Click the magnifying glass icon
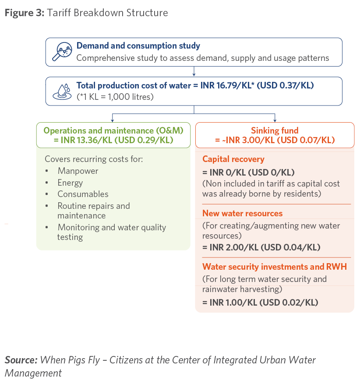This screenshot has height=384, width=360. (x=62, y=51)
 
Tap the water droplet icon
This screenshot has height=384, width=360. (x=62, y=92)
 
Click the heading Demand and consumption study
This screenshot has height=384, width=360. (x=138, y=46)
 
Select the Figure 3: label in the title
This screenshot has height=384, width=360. (x=25, y=13)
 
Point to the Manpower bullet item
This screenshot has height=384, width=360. (x=78, y=171)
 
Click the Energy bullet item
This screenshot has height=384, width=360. (x=70, y=183)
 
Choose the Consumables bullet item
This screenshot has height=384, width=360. (x=83, y=194)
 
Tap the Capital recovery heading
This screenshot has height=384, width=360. (x=233, y=159)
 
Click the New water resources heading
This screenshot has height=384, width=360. (x=243, y=213)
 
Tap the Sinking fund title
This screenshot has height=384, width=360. (x=275, y=130)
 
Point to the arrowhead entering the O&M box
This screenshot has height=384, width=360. (x=113, y=121)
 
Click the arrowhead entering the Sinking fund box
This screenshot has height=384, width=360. (x=275, y=121)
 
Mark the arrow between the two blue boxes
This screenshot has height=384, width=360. (x=194, y=71)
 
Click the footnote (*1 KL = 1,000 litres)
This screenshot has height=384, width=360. (x=115, y=97)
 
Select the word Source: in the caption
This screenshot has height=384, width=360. (x=21, y=360)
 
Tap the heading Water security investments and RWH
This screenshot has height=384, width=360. (x=275, y=267)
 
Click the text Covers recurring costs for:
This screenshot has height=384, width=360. (x=94, y=159)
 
